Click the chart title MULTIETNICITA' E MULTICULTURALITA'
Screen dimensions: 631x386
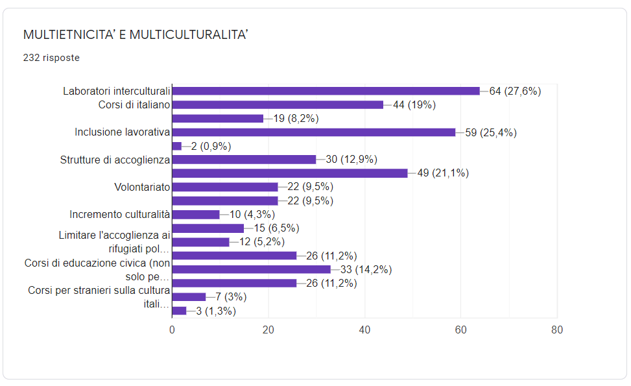point(135,34)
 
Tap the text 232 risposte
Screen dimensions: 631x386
point(51,58)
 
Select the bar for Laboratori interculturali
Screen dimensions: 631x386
point(326,91)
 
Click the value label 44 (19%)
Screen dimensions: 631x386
point(414,104)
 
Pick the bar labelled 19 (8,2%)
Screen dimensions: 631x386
point(218,118)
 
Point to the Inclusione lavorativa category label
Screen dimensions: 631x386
point(123,132)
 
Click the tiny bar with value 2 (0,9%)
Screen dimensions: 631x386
point(176,146)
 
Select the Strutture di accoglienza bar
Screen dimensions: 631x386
point(244,160)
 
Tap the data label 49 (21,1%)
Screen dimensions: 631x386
point(443,173)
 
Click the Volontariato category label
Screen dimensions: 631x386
point(142,187)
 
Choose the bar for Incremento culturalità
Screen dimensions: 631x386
point(196,215)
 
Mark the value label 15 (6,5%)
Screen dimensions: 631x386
point(276,228)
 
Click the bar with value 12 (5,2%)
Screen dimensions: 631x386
point(201,242)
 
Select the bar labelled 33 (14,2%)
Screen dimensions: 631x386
point(252,269)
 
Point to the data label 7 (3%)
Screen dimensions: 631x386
point(231,297)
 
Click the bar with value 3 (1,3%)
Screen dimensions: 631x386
point(179,311)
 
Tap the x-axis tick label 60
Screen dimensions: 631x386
point(461,330)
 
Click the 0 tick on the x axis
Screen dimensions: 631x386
point(173,330)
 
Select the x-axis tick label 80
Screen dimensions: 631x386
point(557,330)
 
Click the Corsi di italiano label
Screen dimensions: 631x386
point(134,104)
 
